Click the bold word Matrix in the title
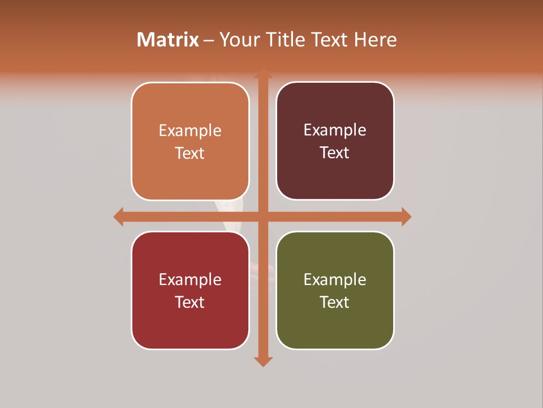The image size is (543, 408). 168,40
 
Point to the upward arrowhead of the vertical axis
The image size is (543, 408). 263,74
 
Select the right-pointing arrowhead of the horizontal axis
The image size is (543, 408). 406,216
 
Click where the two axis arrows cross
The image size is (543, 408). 263,216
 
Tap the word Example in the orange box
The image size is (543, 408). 190,131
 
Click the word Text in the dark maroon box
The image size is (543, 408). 335,153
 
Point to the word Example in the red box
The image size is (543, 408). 190,279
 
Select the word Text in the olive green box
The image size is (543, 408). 335,302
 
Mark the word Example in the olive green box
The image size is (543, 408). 335,279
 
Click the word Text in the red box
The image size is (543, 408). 190,302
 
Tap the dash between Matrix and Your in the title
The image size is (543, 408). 209,40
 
